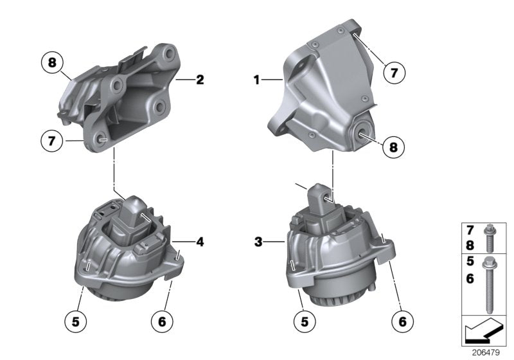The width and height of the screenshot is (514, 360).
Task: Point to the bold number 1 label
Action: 257,80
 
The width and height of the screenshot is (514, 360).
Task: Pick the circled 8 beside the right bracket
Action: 393,147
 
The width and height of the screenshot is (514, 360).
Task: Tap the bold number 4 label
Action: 200,242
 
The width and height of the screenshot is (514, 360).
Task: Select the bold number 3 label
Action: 257,242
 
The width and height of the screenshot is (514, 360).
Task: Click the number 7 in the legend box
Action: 470,230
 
